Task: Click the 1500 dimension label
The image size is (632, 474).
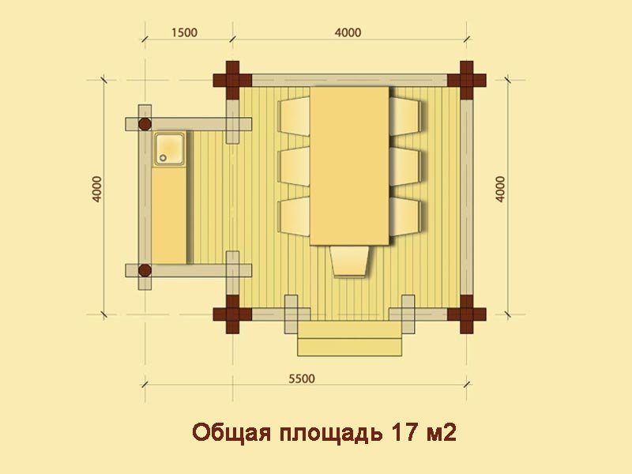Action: (184, 32)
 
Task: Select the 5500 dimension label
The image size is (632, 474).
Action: (302, 379)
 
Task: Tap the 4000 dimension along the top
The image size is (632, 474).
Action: (348, 32)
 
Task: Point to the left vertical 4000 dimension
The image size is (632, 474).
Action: (97, 189)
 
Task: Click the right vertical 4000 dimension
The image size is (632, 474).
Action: (500, 189)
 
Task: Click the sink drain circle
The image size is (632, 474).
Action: (163, 158)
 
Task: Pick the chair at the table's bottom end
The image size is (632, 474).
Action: (349, 261)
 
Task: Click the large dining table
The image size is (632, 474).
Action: (349, 166)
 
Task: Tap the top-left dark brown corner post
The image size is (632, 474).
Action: (232, 81)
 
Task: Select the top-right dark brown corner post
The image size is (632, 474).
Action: (467, 81)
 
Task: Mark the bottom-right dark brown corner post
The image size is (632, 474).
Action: (467, 314)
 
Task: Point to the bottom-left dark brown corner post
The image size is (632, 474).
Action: (232, 314)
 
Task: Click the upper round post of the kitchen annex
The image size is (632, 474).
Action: (145, 124)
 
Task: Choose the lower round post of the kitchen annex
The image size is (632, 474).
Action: (145, 270)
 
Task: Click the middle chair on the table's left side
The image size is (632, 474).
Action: (294, 167)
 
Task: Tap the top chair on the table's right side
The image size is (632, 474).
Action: (405, 116)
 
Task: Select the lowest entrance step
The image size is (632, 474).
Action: (349, 348)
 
